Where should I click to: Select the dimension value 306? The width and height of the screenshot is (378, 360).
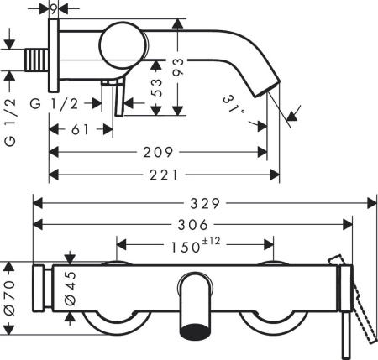click(x=192, y=224)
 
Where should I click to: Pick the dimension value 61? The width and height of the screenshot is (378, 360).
click(x=79, y=129)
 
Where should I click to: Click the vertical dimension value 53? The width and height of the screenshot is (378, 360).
click(x=158, y=88)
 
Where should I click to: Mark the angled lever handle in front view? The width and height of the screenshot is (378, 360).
click(x=363, y=302)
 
